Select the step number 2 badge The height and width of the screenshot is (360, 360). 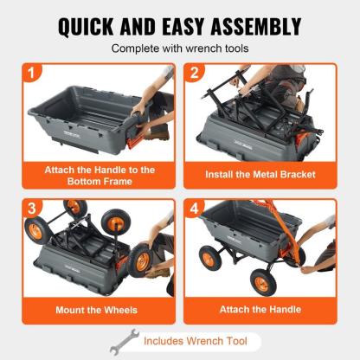(197, 74)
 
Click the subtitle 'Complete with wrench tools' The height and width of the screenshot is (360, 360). (180, 48)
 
